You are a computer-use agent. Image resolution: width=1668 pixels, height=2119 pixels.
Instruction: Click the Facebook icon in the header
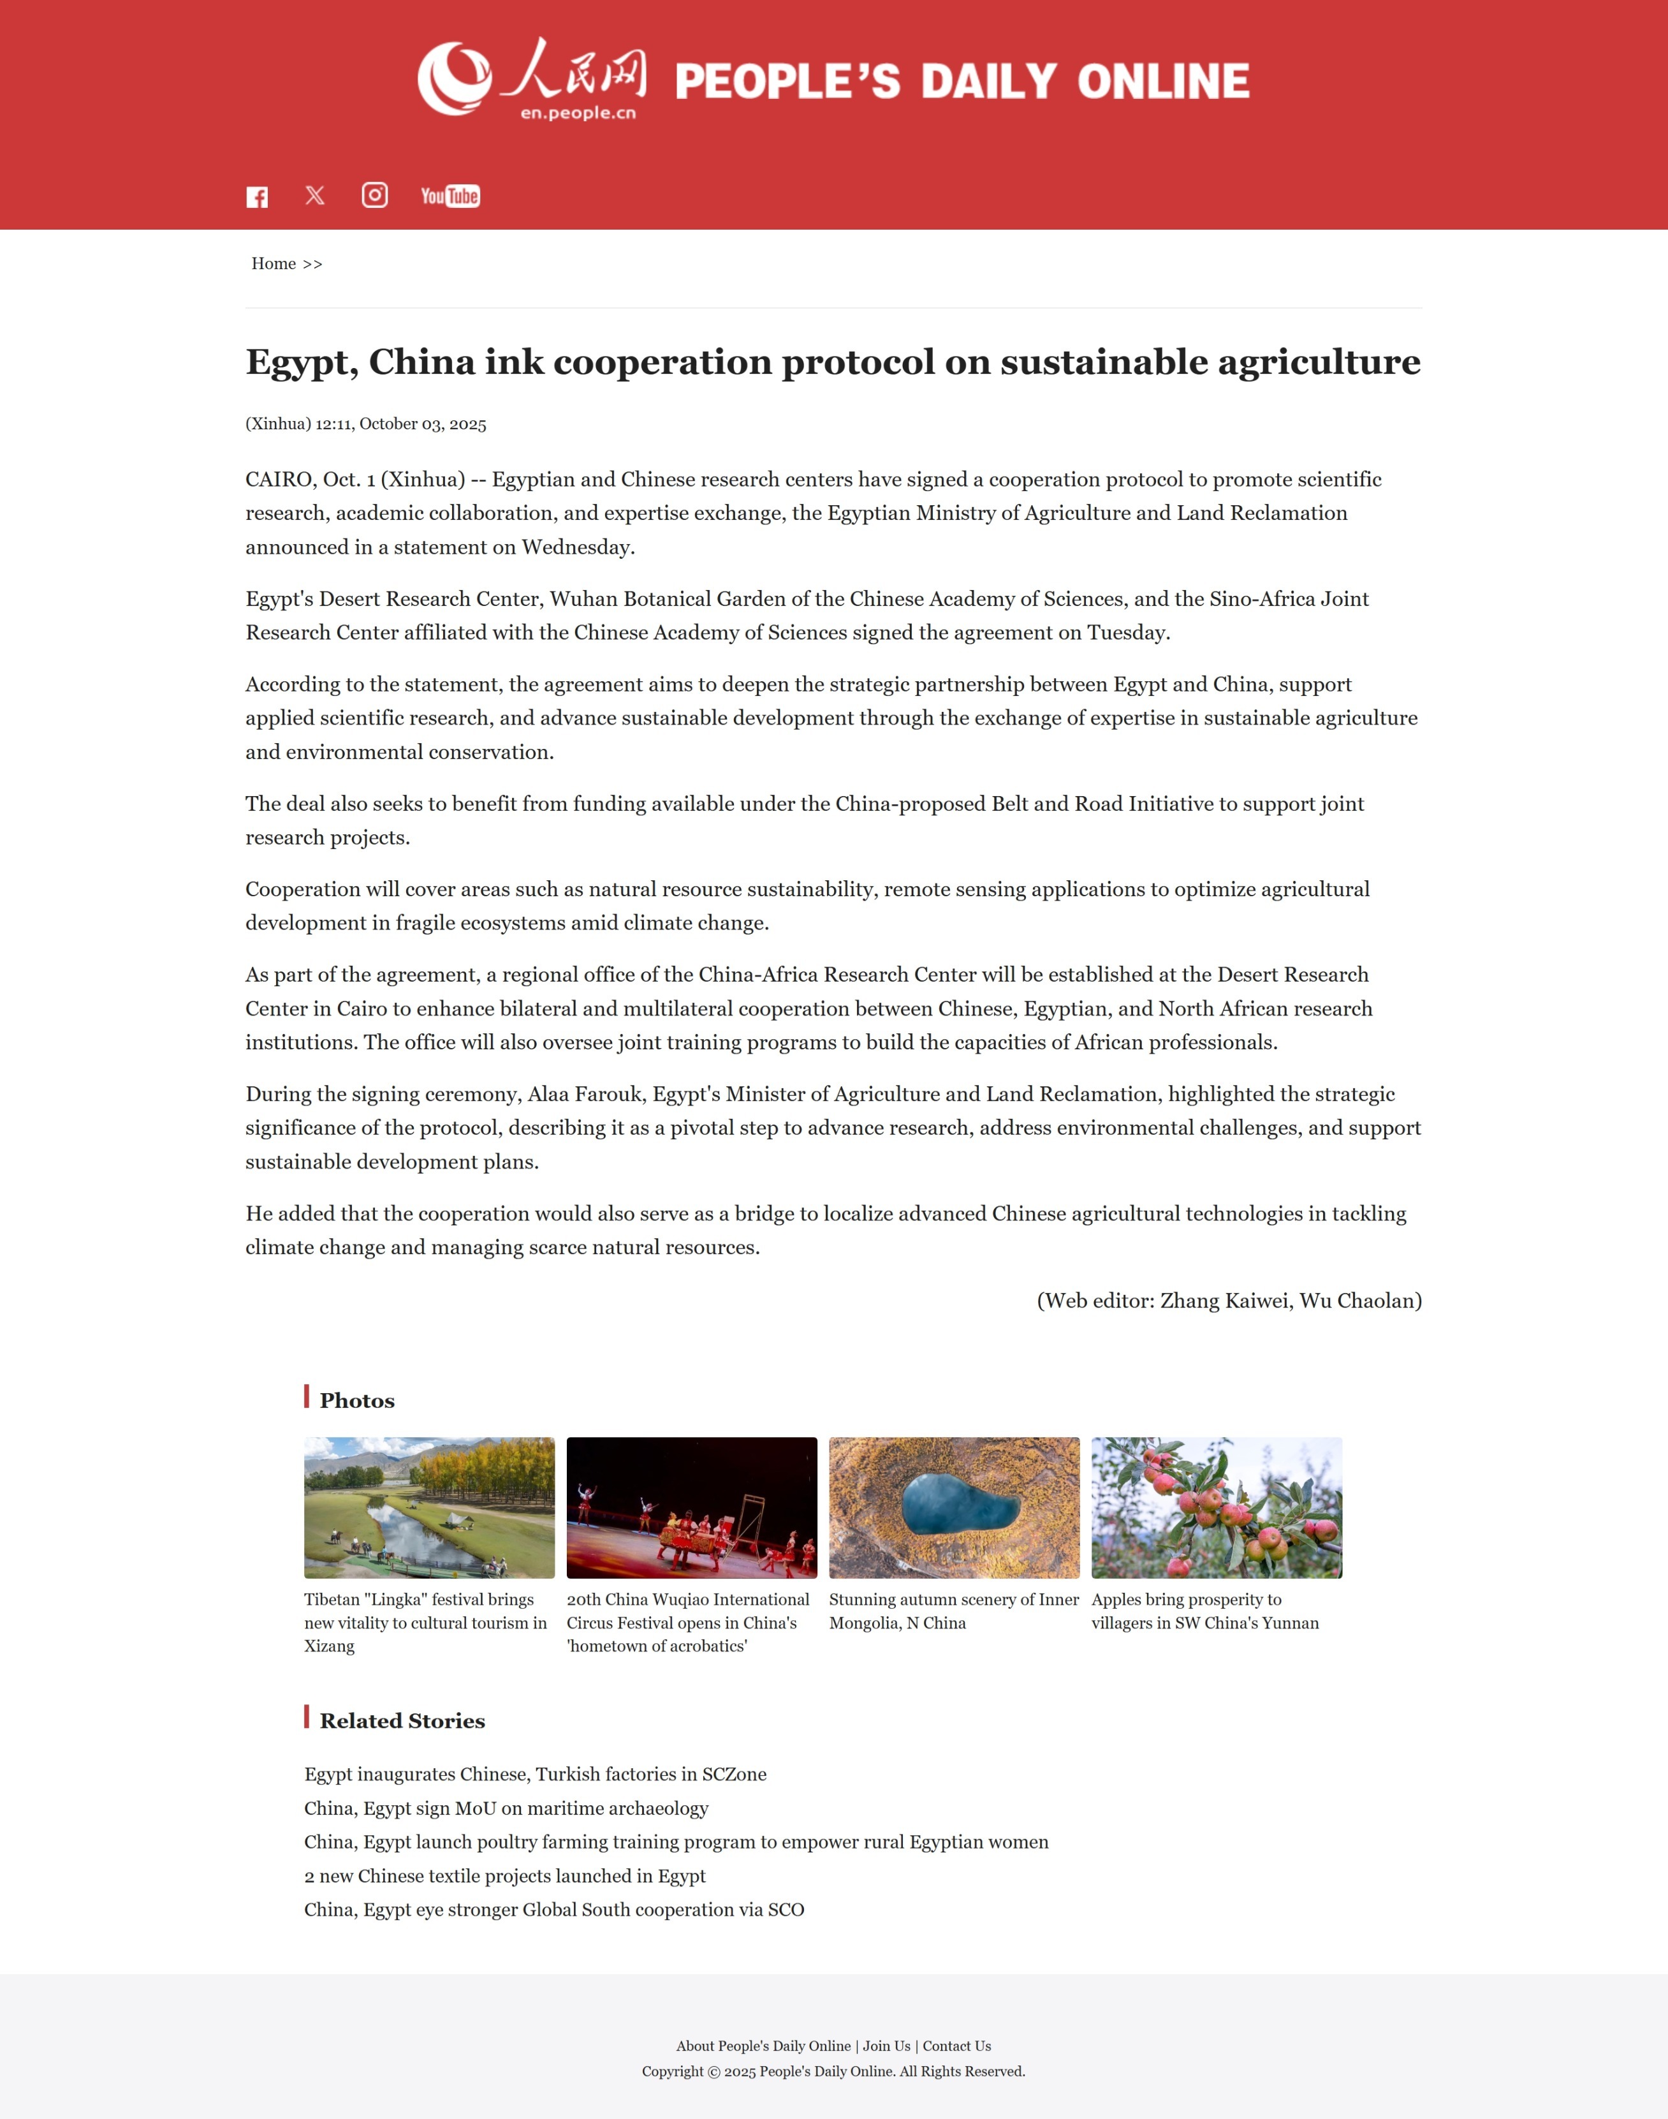coord(257,197)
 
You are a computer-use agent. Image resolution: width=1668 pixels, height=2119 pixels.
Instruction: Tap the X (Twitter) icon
coord(314,195)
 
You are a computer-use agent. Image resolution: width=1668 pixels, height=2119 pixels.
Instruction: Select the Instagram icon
coord(375,195)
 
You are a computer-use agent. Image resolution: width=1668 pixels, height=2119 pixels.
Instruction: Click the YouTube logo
coord(450,196)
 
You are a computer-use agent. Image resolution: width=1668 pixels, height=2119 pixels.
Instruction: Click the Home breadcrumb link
coord(274,264)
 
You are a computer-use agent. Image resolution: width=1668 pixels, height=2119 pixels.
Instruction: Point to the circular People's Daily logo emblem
coord(454,78)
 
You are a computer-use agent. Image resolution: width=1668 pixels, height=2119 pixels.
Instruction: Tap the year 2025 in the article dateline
coord(468,424)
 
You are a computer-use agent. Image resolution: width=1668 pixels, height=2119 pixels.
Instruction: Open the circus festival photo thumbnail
coord(691,1507)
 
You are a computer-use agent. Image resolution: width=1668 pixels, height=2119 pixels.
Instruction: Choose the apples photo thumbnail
coord(1216,1507)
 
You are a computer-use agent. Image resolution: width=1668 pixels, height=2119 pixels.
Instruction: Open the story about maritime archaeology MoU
coord(506,1808)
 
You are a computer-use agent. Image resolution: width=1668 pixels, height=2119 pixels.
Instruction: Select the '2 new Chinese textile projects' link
coord(504,1876)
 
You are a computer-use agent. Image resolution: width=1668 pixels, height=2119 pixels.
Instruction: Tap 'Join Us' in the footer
coord(886,2046)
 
